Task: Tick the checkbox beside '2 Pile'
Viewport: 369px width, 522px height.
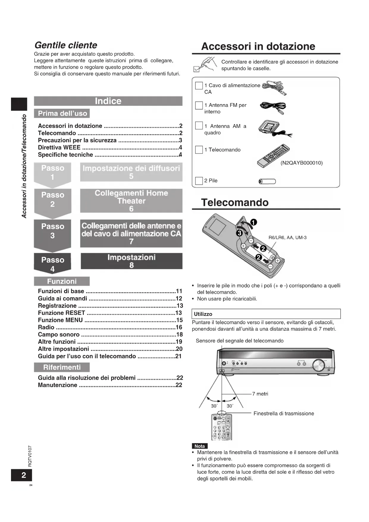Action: point(199,181)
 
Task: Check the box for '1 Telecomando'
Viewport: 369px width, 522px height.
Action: point(199,150)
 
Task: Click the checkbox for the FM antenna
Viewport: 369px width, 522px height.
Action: point(199,105)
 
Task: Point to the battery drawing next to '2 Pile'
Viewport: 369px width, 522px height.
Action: point(267,182)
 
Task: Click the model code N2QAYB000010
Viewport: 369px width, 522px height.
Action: point(302,163)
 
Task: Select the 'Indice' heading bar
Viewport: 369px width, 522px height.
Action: point(108,101)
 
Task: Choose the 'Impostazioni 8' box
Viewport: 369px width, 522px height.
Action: point(131,261)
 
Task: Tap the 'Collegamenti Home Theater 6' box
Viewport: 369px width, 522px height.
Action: point(131,201)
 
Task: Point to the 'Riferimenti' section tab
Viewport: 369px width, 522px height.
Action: point(62,367)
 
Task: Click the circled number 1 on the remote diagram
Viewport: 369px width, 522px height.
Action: point(254,222)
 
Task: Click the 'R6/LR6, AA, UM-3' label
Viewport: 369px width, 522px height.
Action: point(288,237)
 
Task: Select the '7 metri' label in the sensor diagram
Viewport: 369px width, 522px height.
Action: point(260,394)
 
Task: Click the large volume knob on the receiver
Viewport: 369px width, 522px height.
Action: point(318,365)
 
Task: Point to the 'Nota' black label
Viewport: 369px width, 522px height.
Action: point(200,446)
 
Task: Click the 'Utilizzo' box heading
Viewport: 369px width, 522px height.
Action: point(203,314)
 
